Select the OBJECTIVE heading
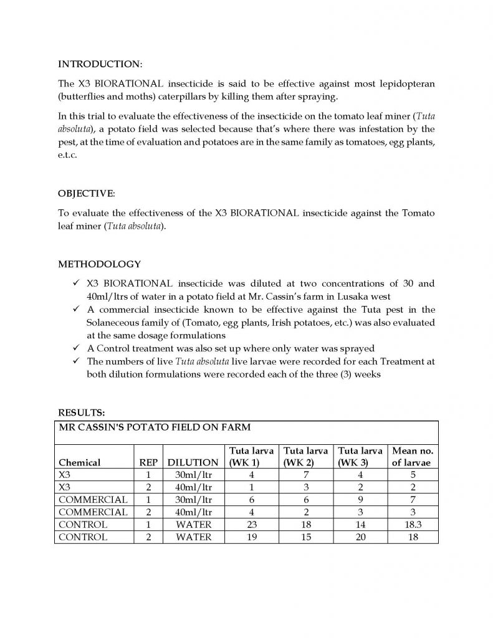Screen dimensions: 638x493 (x=87, y=194)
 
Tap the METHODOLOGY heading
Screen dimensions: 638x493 (x=99, y=264)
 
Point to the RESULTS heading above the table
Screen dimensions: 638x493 (x=81, y=412)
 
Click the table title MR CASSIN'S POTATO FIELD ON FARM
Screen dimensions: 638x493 (x=155, y=427)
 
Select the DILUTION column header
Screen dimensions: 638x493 (x=193, y=463)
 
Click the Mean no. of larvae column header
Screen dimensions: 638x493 (x=413, y=457)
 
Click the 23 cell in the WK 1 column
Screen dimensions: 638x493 (x=252, y=525)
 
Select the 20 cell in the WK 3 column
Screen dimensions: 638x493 (x=359, y=537)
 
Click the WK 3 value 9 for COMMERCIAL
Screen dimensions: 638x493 (x=359, y=500)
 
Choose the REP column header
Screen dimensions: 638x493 (x=148, y=463)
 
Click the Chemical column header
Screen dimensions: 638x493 (x=79, y=463)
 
